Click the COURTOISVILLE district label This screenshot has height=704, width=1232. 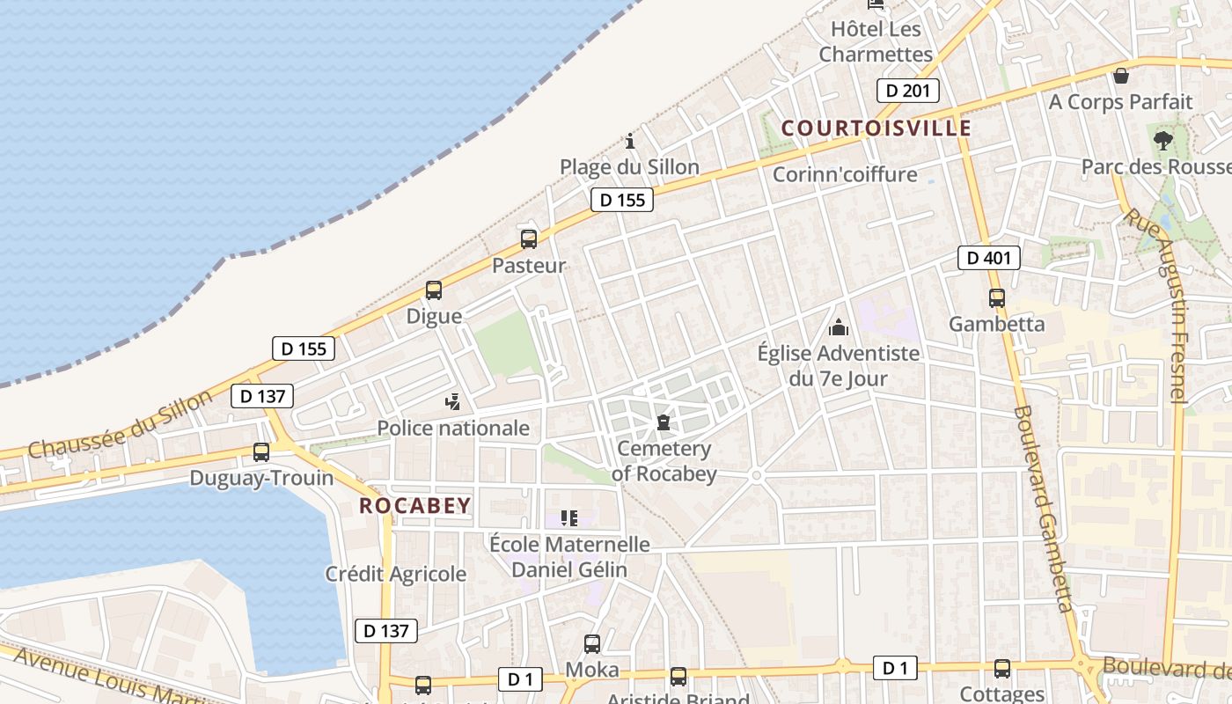coord(876,128)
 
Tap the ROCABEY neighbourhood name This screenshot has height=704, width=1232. coord(415,506)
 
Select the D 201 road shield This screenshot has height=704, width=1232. coord(908,91)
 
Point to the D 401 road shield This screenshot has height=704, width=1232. coord(989,258)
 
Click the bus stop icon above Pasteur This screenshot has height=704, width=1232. coord(529,238)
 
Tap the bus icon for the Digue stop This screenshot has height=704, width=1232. coord(434,290)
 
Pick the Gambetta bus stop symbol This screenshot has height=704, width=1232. coord(997,298)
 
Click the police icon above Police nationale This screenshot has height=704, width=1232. coord(453,402)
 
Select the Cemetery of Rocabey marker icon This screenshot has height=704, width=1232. coord(664,423)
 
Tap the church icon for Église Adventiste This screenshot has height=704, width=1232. coord(839,328)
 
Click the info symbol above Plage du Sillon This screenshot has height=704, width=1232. coord(630,141)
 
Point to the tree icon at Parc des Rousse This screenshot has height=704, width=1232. coord(1162,140)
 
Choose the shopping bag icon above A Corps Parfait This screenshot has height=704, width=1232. coord(1120,76)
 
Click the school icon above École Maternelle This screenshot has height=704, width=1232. coord(569,518)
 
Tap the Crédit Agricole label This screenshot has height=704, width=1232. coord(396,575)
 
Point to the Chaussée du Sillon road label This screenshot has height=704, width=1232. coord(120,424)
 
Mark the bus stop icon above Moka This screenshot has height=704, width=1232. coord(592,644)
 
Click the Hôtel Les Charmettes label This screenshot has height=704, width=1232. coord(876,41)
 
